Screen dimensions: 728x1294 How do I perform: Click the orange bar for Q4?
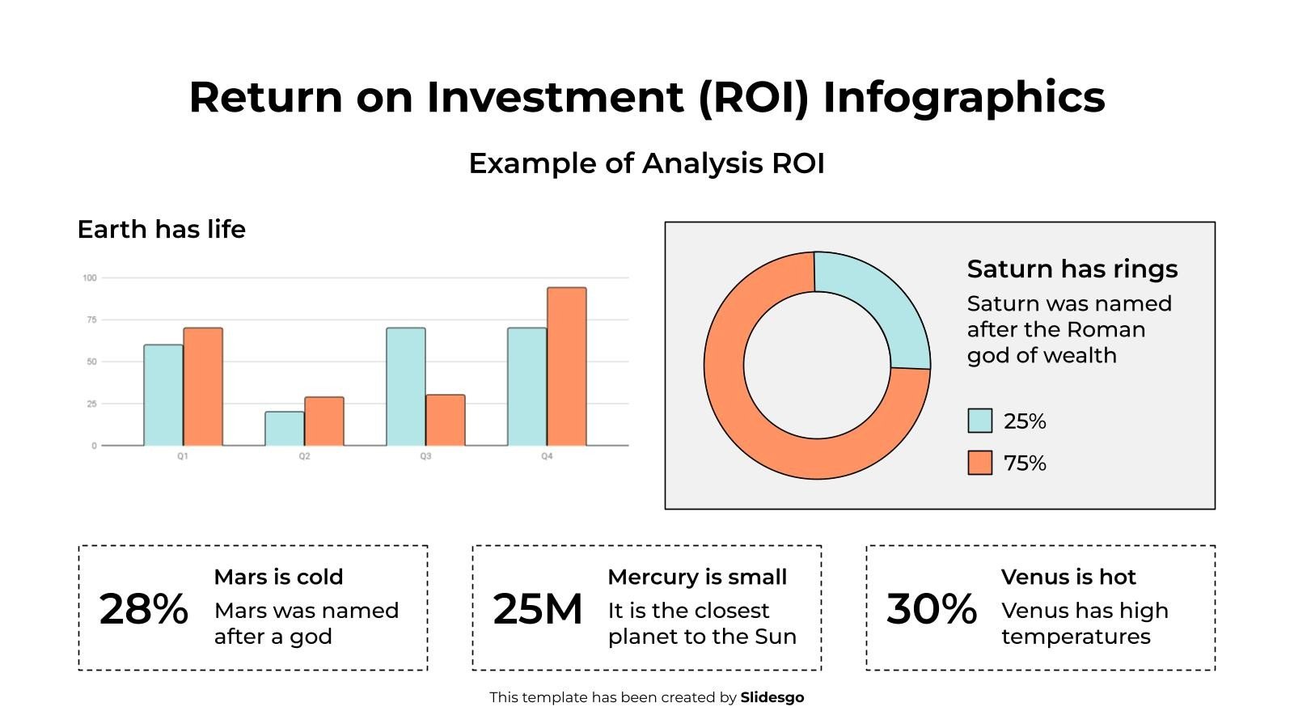[x=566, y=366]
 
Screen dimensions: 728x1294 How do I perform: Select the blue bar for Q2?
[x=285, y=429]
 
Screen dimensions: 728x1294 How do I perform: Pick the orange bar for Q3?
[x=446, y=420]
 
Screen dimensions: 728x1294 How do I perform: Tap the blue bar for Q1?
[x=163, y=395]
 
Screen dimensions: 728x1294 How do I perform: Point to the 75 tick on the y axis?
[x=91, y=320]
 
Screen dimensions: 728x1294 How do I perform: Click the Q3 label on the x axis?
[x=425, y=456]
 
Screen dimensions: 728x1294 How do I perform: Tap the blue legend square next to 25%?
[x=979, y=421]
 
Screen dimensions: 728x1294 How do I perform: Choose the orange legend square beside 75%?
[x=979, y=463]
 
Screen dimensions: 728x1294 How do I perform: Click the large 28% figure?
[x=143, y=609]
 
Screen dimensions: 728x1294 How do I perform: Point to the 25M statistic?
[x=537, y=609]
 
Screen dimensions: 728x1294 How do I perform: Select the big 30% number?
[x=931, y=609]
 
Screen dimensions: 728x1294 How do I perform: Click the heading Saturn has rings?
[x=1072, y=269]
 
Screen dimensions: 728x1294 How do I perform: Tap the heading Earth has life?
[x=161, y=230]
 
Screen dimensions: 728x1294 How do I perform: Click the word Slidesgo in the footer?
[x=772, y=697]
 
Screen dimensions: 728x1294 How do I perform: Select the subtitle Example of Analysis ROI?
[x=646, y=163]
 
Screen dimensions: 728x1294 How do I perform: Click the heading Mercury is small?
[x=696, y=577]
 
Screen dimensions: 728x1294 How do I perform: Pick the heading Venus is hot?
[x=1068, y=577]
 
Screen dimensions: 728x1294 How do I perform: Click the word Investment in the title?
[x=555, y=97]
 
